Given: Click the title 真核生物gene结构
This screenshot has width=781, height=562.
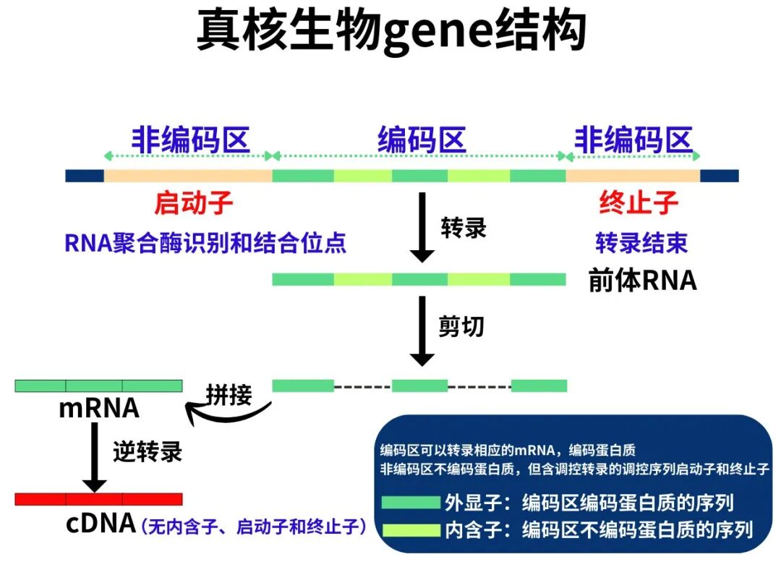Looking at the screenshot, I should tap(390, 31).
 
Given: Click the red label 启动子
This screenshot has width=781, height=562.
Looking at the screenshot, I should tap(194, 203).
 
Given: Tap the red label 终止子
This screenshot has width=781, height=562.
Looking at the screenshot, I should tap(639, 203).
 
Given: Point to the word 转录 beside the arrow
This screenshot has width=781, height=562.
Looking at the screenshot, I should tap(464, 228).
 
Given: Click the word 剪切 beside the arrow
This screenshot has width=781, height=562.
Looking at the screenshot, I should tap(461, 327).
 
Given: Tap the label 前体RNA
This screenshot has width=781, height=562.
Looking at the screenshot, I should tap(642, 281).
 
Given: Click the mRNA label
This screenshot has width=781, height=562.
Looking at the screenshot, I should tap(99, 409).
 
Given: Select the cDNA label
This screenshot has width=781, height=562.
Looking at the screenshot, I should tap(101, 523).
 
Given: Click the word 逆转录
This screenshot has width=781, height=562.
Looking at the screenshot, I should tap(148, 452).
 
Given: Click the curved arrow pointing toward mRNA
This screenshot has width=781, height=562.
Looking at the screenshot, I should tap(224, 415).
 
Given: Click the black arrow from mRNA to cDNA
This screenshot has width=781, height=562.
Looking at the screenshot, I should tap(94, 456).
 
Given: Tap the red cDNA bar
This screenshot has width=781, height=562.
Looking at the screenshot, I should tap(98, 499).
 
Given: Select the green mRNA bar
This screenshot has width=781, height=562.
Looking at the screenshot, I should tap(98, 386).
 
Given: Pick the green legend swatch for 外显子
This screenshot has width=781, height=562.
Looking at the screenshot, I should tap(411, 502).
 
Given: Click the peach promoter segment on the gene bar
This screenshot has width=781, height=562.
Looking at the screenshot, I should tap(188, 176).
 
